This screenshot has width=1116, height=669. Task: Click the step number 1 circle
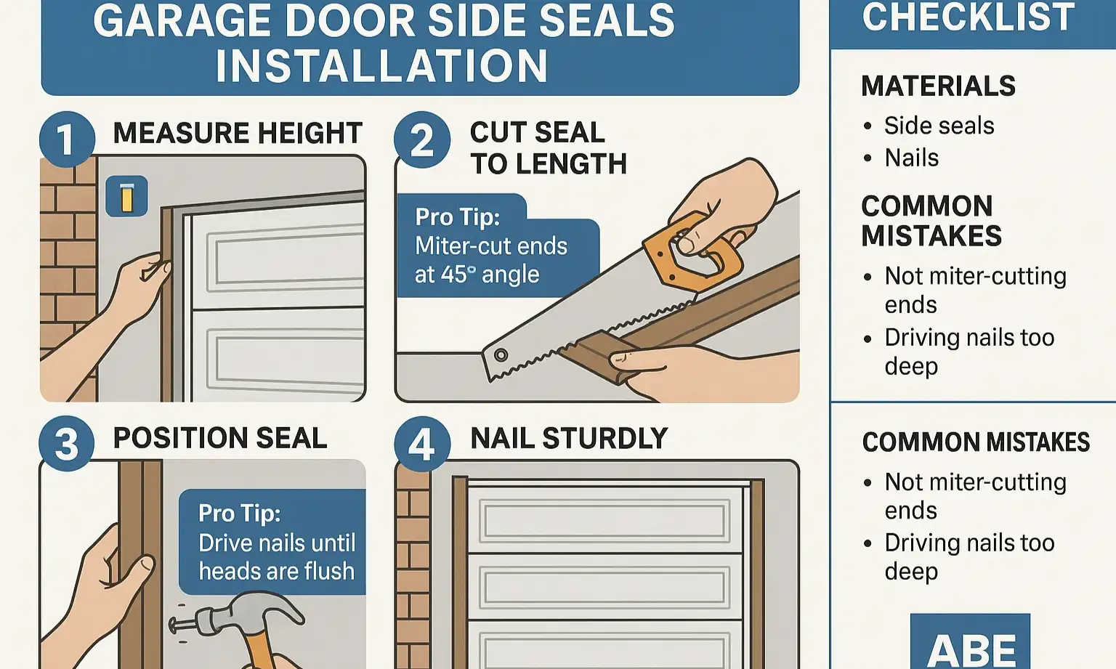click(67, 139)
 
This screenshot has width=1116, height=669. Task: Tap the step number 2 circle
click(422, 139)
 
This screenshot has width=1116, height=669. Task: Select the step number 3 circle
click(67, 444)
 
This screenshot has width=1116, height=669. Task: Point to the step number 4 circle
click(422, 444)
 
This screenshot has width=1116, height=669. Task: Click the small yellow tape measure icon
click(127, 197)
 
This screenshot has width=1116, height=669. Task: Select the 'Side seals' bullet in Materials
click(939, 126)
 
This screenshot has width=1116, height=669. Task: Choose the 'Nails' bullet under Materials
click(911, 158)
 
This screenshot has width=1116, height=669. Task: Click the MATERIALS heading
click(938, 86)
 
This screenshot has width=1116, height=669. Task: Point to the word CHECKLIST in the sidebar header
click(969, 17)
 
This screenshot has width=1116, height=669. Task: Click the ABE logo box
click(970, 643)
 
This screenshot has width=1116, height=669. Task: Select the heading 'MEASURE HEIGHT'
click(238, 134)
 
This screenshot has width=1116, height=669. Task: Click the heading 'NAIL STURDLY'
click(569, 439)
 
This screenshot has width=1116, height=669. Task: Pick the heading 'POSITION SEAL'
click(220, 438)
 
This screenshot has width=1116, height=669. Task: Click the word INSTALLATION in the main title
click(381, 66)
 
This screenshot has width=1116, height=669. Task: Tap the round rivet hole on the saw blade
click(501, 355)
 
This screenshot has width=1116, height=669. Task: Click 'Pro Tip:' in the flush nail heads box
click(240, 514)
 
